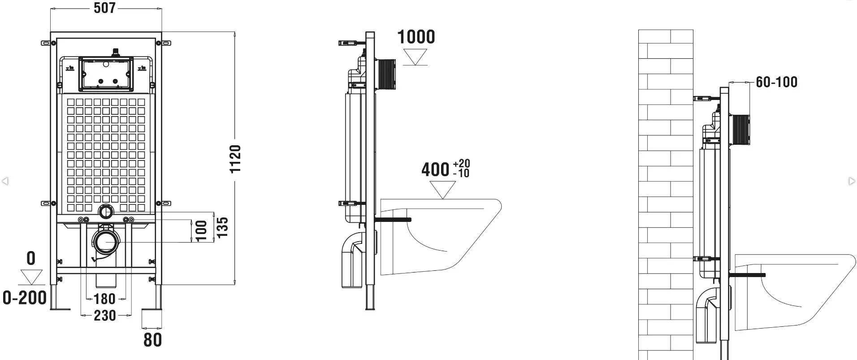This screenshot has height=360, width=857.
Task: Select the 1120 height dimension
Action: (235, 159)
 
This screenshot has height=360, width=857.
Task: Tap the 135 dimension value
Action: (222, 227)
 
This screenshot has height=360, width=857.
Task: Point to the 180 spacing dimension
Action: (105, 299)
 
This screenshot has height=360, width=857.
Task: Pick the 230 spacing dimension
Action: (105, 316)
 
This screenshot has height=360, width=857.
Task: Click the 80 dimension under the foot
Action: (152, 340)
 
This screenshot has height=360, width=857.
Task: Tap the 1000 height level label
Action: (416, 37)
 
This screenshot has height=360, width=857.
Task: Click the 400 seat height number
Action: (435, 169)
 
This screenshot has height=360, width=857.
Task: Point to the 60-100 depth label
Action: (776, 82)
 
